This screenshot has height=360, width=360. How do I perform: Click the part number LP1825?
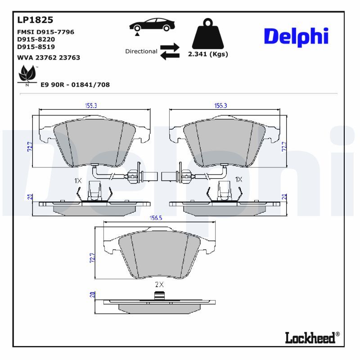(x=35, y=20)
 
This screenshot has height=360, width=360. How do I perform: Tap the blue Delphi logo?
(x=296, y=37)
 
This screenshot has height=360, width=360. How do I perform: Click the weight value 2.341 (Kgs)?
(x=207, y=54)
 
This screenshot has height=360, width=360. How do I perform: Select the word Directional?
(x=141, y=51)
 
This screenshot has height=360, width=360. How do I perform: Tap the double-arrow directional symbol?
(x=170, y=51)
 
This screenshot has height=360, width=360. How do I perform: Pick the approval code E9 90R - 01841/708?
(x=75, y=85)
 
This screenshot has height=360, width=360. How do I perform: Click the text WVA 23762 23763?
(x=49, y=58)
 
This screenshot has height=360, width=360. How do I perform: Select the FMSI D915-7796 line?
(x=45, y=32)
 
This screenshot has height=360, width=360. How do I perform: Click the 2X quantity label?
(x=159, y=284)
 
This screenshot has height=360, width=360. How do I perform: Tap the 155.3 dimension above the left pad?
(x=91, y=106)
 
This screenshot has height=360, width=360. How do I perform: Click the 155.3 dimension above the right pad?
(x=220, y=106)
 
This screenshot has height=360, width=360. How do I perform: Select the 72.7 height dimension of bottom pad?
(x=93, y=257)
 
